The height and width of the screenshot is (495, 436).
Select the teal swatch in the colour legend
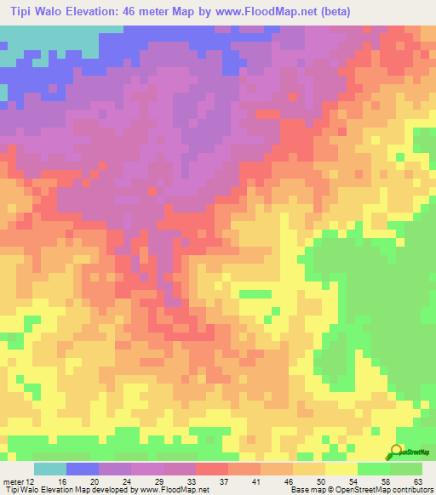pos(50,469)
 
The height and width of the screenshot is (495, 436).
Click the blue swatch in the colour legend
pos(83,469)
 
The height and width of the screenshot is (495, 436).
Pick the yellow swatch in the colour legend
pos(341,469)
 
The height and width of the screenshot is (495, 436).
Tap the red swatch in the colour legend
pos(212,469)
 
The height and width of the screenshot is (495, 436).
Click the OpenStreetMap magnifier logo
pos(396,452)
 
